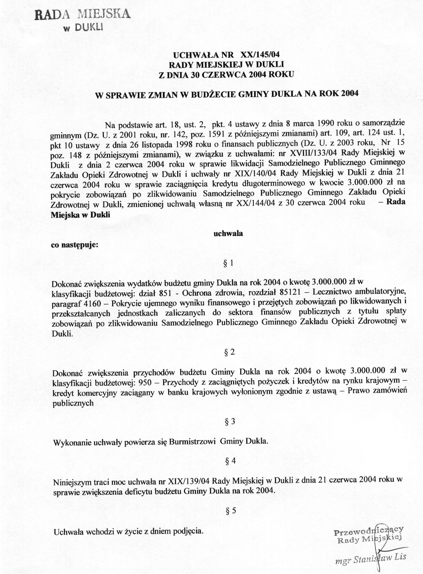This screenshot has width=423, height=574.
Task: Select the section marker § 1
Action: [229, 264]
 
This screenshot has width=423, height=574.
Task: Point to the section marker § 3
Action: [230, 421]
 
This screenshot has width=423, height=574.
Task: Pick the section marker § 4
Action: [230, 461]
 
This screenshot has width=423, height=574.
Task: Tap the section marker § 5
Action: [230, 511]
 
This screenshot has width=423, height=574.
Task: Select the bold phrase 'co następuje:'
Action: [74, 245]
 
